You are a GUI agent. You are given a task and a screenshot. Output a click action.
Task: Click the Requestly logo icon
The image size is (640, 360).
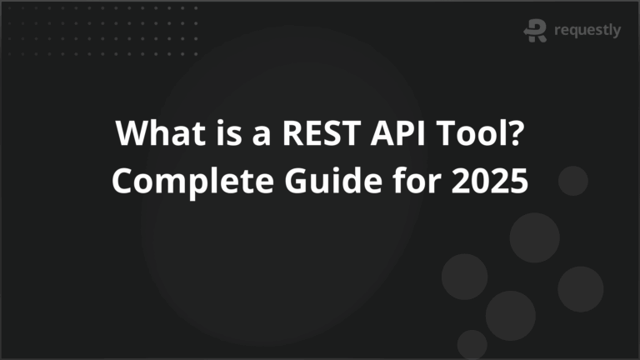click(x=535, y=31)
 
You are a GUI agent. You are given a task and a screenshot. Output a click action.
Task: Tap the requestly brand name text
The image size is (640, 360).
click(x=587, y=32)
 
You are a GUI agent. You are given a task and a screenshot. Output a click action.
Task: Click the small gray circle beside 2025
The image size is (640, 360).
click(x=573, y=181)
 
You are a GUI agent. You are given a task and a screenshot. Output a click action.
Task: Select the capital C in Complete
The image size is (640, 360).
click(x=123, y=181)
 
